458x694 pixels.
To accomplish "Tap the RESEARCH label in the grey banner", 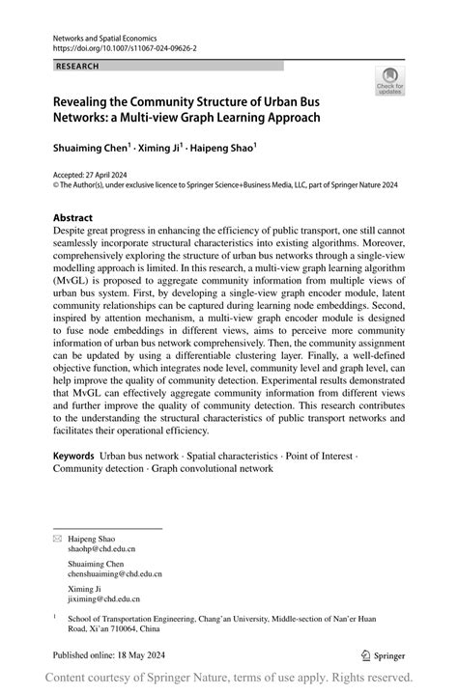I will (77, 66).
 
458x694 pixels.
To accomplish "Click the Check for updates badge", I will (389, 80).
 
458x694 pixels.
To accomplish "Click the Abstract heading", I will (73, 218).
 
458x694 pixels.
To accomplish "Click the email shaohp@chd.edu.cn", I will (106, 548).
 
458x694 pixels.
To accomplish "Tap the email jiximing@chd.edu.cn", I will (107, 598).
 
